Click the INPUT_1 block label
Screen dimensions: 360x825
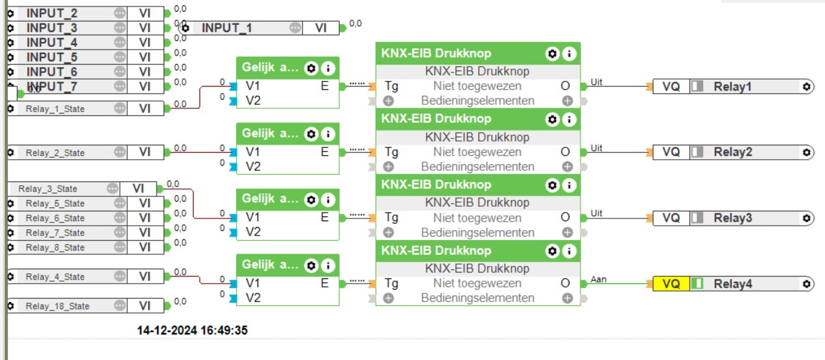(x=226, y=28)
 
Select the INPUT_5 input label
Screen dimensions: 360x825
(x=52, y=57)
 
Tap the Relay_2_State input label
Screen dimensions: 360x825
(x=55, y=153)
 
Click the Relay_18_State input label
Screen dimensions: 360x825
(x=57, y=306)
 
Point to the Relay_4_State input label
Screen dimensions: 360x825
(x=55, y=277)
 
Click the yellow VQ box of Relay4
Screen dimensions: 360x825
(x=671, y=284)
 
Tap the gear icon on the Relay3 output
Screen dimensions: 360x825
(x=807, y=218)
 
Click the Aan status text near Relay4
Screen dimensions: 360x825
(x=598, y=279)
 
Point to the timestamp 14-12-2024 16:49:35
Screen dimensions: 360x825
(x=192, y=330)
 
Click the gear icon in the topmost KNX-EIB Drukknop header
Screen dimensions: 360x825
(x=553, y=54)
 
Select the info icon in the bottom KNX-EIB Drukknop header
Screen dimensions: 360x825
(x=569, y=251)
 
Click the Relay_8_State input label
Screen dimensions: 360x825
(x=55, y=247)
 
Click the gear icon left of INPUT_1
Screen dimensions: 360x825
(x=186, y=28)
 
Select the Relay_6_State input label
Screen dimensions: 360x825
(x=55, y=218)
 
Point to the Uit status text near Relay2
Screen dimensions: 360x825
(x=597, y=148)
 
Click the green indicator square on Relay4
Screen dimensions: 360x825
(x=697, y=284)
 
